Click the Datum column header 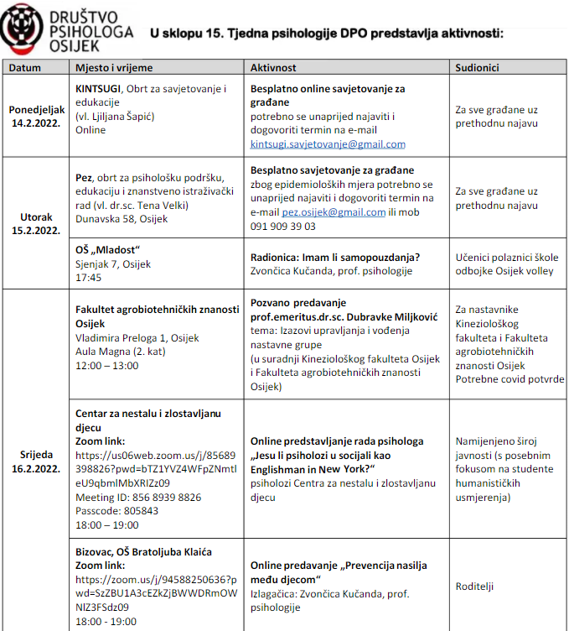pyautogui.click(x=26, y=66)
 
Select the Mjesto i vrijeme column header pyautogui.click(x=114, y=66)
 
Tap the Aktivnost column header pyautogui.click(x=276, y=66)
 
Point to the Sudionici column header pyautogui.click(x=478, y=66)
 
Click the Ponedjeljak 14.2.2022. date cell pyautogui.click(x=36, y=117)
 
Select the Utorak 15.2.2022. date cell pyautogui.click(x=36, y=223)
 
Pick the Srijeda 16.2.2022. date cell pyautogui.click(x=36, y=461)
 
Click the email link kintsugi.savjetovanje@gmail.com pyautogui.click(x=328, y=144)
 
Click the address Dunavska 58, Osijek pyautogui.click(x=122, y=219)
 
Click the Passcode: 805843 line pyautogui.click(x=116, y=510)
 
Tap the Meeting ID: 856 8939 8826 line pyautogui.click(x=138, y=498)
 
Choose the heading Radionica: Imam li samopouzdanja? pyautogui.click(x=335, y=258)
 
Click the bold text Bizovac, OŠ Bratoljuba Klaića pyautogui.click(x=143, y=551)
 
